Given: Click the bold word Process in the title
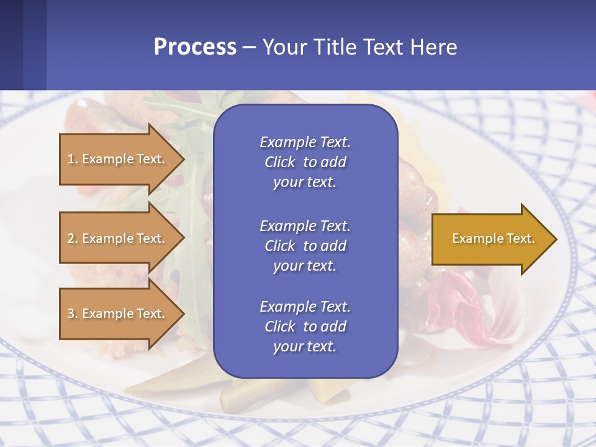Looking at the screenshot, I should (x=195, y=47).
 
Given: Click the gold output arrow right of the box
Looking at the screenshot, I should (x=490, y=238).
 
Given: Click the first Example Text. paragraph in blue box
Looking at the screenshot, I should (x=305, y=162).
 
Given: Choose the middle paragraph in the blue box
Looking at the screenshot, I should (x=305, y=246).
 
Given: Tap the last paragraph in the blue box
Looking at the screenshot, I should (x=305, y=327).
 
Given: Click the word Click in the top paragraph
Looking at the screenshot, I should (x=280, y=162).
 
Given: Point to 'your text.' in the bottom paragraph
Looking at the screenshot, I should (x=305, y=346).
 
